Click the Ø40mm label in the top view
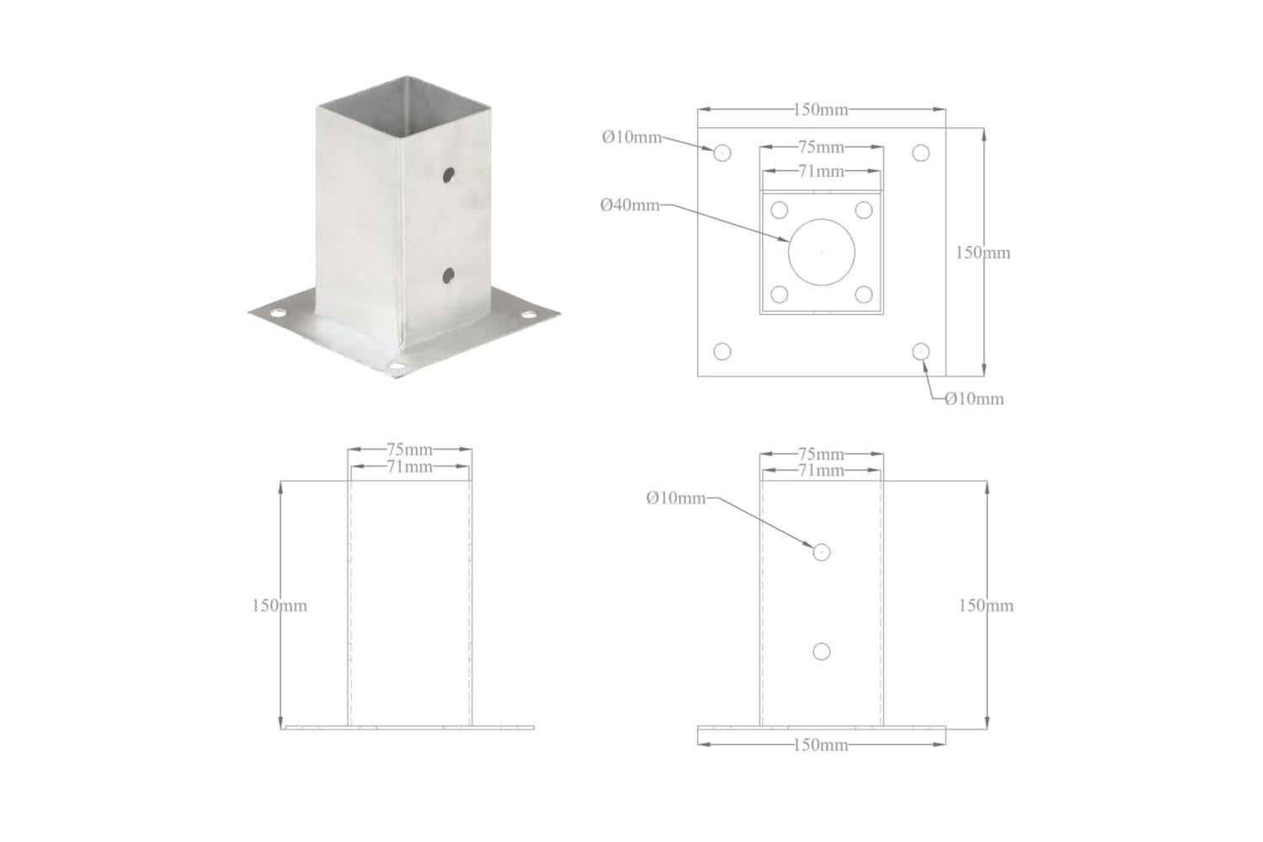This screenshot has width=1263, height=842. point(630,205)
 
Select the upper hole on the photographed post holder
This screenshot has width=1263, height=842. point(449,174)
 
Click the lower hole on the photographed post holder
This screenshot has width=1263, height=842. point(449,275)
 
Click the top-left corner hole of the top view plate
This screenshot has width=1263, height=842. point(722,153)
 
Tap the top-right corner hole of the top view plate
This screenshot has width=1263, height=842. point(921,153)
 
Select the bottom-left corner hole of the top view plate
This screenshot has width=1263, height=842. point(722,351)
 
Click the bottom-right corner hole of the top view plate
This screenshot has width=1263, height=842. point(921,351)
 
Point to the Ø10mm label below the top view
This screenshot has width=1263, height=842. point(974,399)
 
